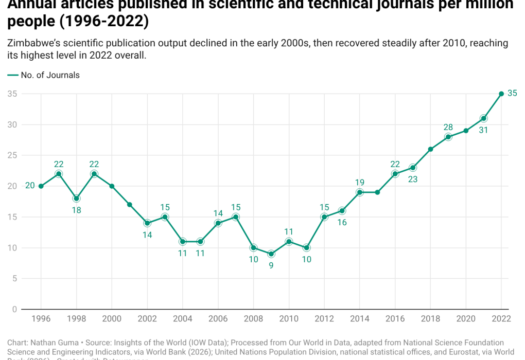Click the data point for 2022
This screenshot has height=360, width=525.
coord(501,94)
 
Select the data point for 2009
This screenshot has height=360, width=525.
coord(271,254)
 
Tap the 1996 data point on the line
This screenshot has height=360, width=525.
coord(41,186)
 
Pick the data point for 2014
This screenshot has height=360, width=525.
coord(360,192)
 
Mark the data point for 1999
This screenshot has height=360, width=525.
coord(94,174)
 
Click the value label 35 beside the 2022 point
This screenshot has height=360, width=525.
coord(512,93)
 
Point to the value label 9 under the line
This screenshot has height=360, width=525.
coord(271,266)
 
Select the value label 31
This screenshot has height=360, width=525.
coord(484,131)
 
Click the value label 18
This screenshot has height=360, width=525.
coord(76,210)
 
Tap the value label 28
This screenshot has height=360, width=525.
coord(448,127)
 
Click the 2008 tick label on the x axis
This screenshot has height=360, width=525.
coord(253,319)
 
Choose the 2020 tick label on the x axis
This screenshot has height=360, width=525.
coord(466,319)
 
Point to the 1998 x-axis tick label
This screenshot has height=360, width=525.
coord(76,319)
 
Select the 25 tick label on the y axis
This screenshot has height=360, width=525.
coord(12,155)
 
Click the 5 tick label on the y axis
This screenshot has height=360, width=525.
coord(15,279)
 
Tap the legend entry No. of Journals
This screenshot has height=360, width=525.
coord(50,75)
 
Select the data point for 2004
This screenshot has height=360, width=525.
coord(183,241)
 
